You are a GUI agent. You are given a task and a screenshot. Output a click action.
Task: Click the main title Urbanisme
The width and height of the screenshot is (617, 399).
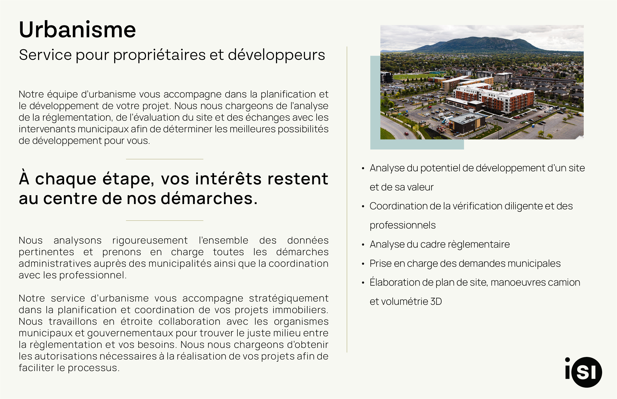tap(77, 30)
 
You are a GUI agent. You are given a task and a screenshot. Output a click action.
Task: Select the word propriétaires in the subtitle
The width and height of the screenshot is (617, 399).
tap(159, 55)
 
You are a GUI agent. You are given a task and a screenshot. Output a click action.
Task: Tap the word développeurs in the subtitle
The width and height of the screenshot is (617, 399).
tap(276, 55)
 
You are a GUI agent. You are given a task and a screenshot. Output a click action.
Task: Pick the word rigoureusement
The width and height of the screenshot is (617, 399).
tap(150, 241)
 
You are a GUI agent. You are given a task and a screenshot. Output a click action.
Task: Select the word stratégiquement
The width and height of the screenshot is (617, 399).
tap(289, 299)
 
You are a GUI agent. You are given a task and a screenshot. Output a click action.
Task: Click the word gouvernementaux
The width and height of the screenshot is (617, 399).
tap(130, 334)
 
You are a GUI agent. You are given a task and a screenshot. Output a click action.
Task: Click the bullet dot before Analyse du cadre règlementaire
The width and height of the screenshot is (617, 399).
tap(363, 245)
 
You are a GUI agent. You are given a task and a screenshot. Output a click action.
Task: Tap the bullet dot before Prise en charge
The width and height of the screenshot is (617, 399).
tap(363, 264)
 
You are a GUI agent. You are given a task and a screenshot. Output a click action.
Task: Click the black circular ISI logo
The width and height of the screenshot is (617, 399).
tap(587, 372)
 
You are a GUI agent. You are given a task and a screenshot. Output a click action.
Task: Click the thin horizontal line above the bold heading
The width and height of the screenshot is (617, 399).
tap(165, 159)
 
